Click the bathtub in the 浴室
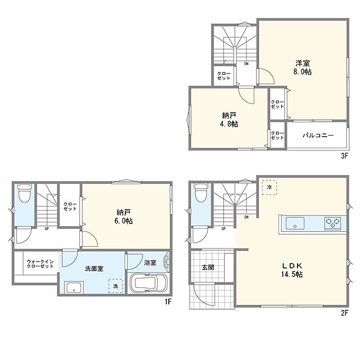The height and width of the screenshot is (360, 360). point(149,283)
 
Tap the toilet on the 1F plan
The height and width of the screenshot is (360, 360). point(24,193)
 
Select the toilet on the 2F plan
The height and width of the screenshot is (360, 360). point(201,193)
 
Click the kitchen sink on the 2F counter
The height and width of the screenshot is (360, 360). point(295,223)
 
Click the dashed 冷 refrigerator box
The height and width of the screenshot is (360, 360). point(269,187)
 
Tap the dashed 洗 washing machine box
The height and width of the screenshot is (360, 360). point(116,286)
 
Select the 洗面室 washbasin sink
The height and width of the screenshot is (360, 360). point(74,287)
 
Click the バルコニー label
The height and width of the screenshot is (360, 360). point(318,135)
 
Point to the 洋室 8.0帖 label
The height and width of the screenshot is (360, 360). point(303,67)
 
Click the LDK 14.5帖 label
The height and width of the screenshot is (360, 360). point(292,270)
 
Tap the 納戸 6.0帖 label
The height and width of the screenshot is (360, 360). point(123,217)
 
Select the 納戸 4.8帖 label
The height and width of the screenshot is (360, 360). point(229,120)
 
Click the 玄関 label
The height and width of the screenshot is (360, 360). point(208,267)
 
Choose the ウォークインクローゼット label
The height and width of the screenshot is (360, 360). point(40,264)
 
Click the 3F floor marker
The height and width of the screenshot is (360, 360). point(345,156)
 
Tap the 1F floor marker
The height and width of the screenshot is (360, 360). point(168,301)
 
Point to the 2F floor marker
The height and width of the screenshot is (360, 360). point(345,313)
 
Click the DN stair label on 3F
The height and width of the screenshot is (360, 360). point(246,64)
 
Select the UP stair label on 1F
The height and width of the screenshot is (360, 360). point(47,229)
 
